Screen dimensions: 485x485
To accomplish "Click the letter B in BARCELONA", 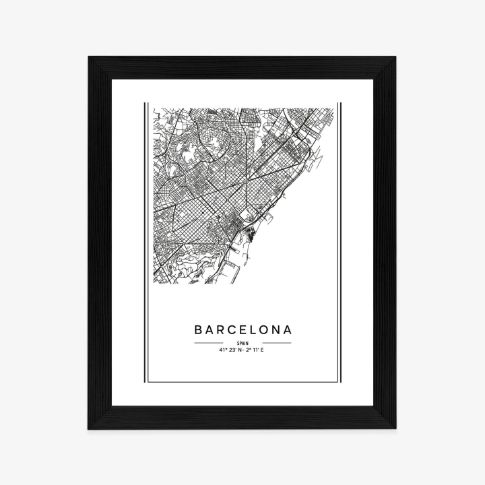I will pos(199,330).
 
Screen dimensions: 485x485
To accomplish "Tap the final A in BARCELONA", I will pos(288,330).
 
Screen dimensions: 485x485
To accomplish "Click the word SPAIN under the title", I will pos(243,344).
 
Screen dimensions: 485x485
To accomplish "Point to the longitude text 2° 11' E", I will pos(255,350).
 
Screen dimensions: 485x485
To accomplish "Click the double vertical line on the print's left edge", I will pos(145,243).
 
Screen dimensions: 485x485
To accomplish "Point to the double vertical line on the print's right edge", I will pos(339,243).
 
